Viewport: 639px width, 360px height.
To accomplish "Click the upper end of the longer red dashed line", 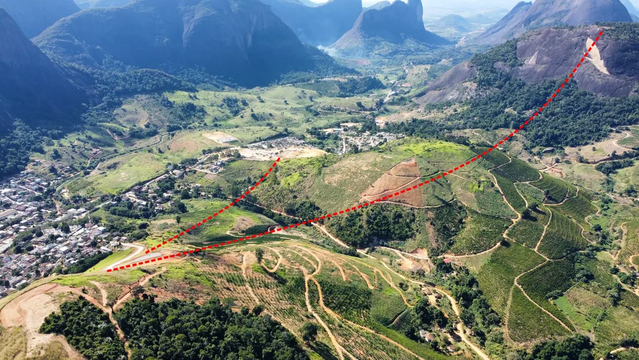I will click(601, 31).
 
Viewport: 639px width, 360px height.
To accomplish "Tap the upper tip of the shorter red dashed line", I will click(279, 158).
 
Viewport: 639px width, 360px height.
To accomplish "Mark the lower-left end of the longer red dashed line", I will click(108, 270).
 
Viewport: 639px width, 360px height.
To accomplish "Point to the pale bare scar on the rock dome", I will click(596, 56).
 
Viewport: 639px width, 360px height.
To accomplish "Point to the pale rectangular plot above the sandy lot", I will click(220, 137).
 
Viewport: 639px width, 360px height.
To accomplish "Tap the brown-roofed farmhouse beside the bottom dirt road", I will click(427, 336).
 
